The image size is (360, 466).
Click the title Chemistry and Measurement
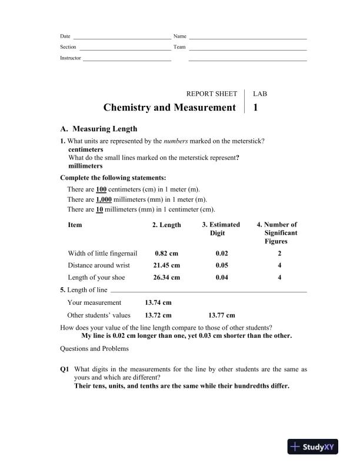(x=169, y=108)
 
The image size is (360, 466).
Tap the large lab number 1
(x=255, y=108)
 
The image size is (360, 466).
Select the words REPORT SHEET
(x=211, y=94)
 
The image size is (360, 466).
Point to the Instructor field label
(x=71, y=58)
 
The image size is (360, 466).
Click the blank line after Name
(x=248, y=38)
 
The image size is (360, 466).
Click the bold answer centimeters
(x=86, y=149)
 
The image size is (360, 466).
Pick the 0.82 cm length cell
(x=166, y=254)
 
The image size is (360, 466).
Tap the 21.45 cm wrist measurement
(x=166, y=265)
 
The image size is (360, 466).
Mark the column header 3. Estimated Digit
(x=221, y=229)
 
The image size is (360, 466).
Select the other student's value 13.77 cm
(x=222, y=315)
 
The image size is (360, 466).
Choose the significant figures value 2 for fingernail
(x=280, y=254)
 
